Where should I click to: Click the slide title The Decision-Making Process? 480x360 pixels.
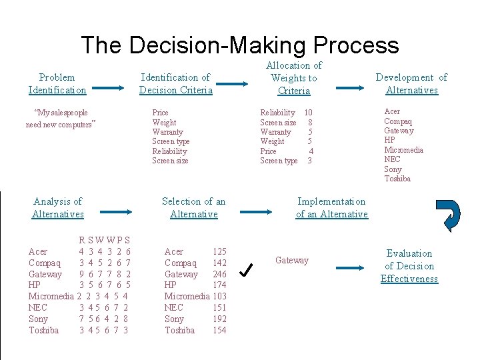[240, 45]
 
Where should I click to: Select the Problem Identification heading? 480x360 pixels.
[57, 84]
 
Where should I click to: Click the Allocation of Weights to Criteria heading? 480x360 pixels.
[294, 78]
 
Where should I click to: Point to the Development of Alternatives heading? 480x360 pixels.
[411, 84]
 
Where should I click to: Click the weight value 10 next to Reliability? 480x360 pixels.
[308, 113]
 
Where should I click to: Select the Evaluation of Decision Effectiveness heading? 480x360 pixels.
[409, 266]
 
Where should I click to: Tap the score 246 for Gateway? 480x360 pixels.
[219, 274]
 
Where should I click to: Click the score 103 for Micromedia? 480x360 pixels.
[219, 295]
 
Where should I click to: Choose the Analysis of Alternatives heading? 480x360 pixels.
[58, 207]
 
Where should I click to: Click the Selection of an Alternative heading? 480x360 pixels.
[194, 207]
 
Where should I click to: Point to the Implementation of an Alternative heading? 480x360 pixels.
[331, 207]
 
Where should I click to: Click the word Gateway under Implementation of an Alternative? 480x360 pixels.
[292, 260]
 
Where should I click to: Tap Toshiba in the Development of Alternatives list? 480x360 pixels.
[397, 178]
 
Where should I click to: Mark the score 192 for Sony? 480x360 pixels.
[219, 319]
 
